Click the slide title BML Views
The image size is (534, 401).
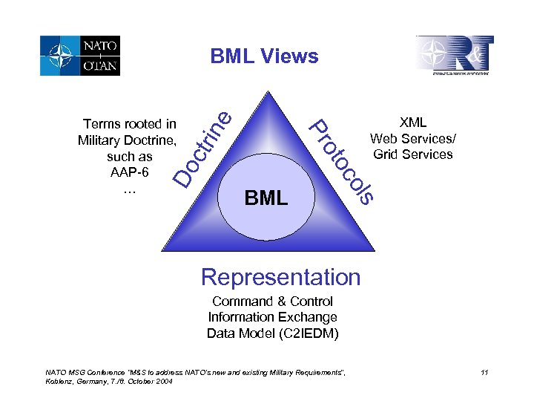[x=264, y=56]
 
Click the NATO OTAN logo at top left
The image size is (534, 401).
[x=80, y=56]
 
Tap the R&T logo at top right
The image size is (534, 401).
[x=454, y=55]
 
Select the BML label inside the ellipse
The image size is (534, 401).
[x=266, y=198]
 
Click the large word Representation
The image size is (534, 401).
[x=280, y=277]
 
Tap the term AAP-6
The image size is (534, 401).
[x=130, y=172]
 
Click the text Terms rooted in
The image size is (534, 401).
[x=130, y=124]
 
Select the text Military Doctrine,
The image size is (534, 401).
[x=127, y=140]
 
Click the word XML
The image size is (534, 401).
[x=413, y=123]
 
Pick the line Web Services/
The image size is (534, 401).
[x=413, y=138]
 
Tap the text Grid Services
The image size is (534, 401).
[x=413, y=154]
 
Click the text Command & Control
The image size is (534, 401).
[x=272, y=301]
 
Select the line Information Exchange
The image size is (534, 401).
[x=272, y=317]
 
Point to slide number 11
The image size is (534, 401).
[x=484, y=372]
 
